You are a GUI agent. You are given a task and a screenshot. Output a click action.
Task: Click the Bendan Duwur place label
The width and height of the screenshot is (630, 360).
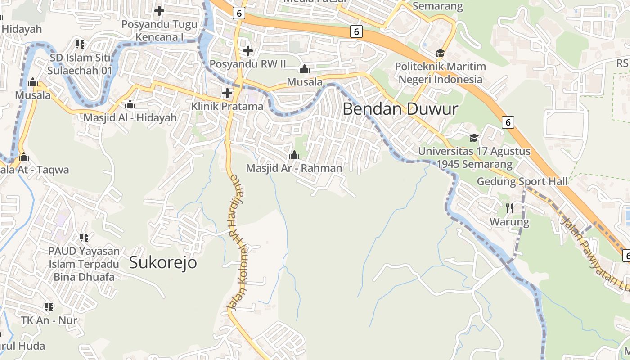tap(400, 109)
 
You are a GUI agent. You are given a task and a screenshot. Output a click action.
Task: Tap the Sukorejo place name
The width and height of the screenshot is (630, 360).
tap(163, 262)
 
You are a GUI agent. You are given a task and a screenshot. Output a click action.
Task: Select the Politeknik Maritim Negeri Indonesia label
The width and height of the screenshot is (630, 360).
tap(440, 73)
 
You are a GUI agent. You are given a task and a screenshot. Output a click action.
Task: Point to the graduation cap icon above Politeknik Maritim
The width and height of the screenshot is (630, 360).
tap(440, 54)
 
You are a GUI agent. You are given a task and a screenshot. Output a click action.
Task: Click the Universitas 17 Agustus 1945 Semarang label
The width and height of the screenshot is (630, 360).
tap(474, 158)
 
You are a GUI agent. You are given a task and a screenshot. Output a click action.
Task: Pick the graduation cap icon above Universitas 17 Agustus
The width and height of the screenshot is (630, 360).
tap(474, 138)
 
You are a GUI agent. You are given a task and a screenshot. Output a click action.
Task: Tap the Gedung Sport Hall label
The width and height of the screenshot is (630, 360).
tap(522, 181)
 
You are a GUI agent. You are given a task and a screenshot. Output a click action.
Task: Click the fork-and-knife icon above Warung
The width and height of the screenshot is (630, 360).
tap(509, 208)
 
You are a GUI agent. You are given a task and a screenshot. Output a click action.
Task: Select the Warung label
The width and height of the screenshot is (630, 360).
tap(509, 222)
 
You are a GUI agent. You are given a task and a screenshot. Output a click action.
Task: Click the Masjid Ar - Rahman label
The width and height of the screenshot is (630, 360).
tap(294, 168)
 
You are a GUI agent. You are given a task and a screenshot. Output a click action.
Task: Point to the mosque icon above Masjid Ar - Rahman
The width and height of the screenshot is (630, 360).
tap(294, 155)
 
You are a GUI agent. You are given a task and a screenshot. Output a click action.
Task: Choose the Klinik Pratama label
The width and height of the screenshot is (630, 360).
tap(227, 107)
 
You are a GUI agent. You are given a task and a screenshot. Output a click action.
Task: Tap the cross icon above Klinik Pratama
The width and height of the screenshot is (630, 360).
tap(227, 93)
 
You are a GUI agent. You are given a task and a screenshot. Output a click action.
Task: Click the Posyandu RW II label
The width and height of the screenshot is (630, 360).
tap(248, 64)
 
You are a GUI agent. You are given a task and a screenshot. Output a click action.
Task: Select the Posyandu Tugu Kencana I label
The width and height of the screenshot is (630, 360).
tap(159, 31)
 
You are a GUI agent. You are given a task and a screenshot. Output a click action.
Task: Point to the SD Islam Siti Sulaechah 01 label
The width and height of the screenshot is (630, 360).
tap(81, 64)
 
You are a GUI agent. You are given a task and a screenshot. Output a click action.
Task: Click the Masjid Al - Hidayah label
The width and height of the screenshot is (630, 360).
tap(130, 118)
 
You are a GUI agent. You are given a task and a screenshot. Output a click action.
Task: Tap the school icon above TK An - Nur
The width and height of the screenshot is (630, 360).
tap(49, 307)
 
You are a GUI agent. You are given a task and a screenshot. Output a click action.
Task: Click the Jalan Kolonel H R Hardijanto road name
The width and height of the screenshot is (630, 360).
tap(238, 243)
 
